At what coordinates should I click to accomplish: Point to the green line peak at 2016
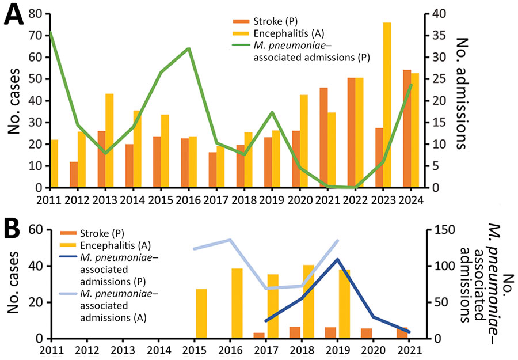pos(188,48)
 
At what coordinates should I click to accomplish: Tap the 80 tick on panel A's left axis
pos(37,13)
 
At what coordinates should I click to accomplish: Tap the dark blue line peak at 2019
pos(337,259)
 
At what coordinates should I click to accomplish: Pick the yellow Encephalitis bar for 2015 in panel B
pos(201,313)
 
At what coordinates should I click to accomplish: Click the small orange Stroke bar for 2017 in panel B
pos(259,336)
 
